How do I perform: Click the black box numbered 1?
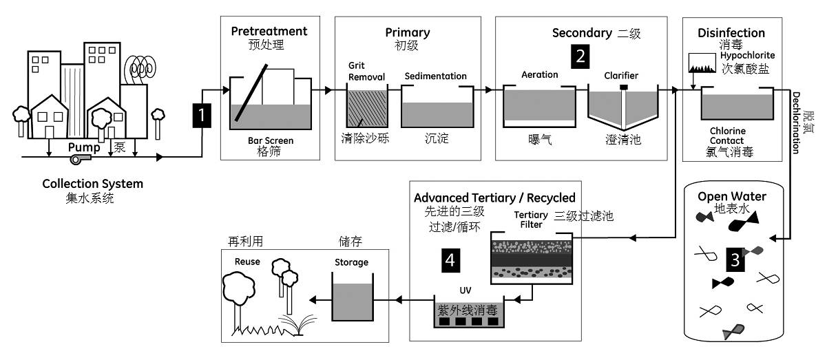(x=202, y=116)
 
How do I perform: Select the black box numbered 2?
(x=580, y=56)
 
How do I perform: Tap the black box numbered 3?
(x=735, y=260)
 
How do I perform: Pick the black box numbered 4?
(x=450, y=260)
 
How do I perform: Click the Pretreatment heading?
(x=269, y=32)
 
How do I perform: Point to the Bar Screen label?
(x=271, y=140)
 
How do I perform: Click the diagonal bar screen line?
(x=251, y=93)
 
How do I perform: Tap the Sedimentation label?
(x=436, y=76)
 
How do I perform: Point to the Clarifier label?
(x=621, y=76)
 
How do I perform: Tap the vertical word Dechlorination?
(x=795, y=123)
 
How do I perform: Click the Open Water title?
(x=732, y=196)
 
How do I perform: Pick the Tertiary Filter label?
(x=531, y=220)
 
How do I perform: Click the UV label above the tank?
(x=465, y=290)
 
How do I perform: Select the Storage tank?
(x=352, y=297)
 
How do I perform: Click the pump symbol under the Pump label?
(x=80, y=159)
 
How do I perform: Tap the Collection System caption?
(x=93, y=184)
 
